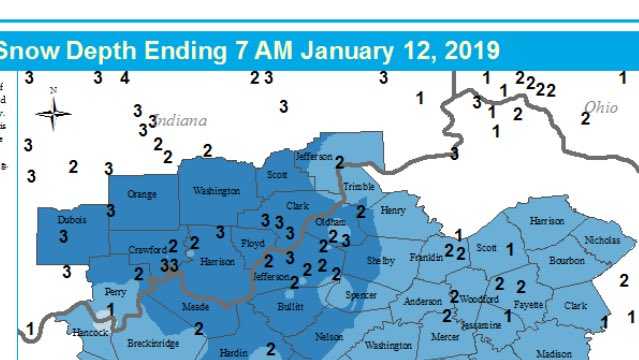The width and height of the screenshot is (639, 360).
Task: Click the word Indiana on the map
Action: click(x=181, y=120)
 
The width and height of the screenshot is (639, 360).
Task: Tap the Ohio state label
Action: click(x=601, y=107)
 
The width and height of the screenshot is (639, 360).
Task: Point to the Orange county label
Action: click(x=142, y=194)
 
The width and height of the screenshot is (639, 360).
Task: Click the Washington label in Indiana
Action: click(x=217, y=190)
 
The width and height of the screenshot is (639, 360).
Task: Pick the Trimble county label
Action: click(x=358, y=188)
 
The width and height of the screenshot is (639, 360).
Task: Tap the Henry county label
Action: click(x=393, y=211)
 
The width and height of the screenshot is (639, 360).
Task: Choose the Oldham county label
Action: click(x=330, y=222)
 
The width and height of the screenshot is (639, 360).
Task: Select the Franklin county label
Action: click(x=426, y=257)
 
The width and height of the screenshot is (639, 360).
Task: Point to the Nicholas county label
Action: click(x=602, y=240)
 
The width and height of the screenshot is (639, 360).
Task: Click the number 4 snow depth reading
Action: click(x=124, y=78)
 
